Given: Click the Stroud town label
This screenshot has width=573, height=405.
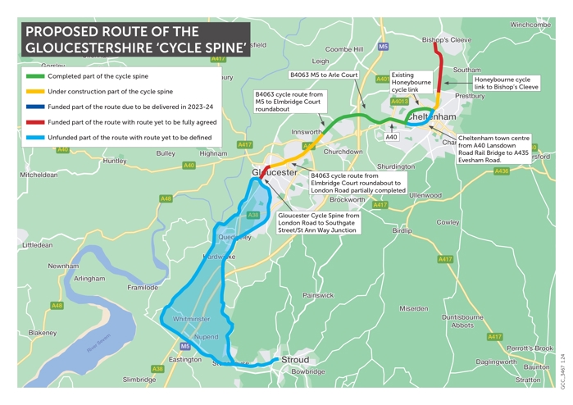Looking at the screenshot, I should coord(295,360).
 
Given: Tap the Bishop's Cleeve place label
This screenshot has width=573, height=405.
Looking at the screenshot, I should coord(447,39).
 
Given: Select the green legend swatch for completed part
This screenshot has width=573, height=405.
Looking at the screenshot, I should coord(35,76).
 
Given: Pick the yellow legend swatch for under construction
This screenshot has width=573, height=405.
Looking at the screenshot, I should coord(35,92).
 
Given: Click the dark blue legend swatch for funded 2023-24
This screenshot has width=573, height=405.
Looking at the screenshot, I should coord(35,107).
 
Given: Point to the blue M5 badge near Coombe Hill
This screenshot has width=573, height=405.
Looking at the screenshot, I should coord(383,48).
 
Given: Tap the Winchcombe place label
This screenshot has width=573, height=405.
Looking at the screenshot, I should coord(530,25).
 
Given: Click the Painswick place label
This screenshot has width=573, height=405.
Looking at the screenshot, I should coord(319,295).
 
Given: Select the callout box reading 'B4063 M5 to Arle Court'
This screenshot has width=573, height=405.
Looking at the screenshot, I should coord(324,75).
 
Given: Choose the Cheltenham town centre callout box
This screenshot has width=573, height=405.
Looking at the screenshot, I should coord(493,149).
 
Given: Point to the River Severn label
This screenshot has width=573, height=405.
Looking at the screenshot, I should coord(98,344).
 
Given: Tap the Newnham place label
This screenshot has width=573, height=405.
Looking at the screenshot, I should coord(63,266).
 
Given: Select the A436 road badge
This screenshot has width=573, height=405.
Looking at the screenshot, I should coord(502,171).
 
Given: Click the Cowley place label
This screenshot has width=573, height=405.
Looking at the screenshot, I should coord(448,222).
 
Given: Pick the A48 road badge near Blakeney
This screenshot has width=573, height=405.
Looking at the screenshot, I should coord(57,306).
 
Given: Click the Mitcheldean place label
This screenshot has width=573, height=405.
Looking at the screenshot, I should coord(39,175).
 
